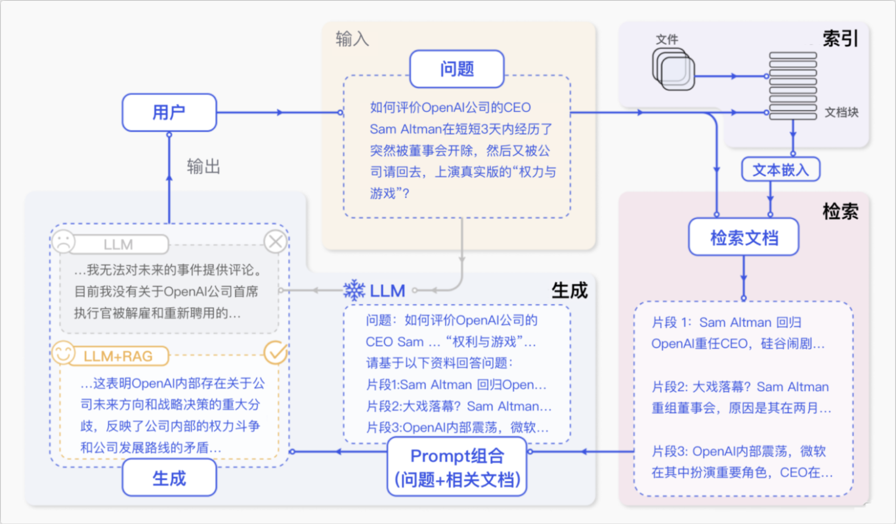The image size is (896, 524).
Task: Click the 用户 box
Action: pos(169,112)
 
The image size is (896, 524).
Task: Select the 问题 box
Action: pos(457,69)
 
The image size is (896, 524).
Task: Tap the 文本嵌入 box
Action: pos(781,170)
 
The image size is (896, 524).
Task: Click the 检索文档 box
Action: pos(744,237)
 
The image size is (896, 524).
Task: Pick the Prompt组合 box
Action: pos(457,467)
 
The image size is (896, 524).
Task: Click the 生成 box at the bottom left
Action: pos(169,478)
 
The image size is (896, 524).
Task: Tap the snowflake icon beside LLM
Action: pos(354,290)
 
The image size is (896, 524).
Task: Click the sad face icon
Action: pos(64,241)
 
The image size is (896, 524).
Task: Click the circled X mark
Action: pos(275,241)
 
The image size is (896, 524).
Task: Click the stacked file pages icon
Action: pos(673,69)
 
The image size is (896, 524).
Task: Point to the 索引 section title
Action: pos(840,38)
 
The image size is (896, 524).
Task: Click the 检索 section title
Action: pos(840,211)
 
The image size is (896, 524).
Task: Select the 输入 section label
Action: pos(352,38)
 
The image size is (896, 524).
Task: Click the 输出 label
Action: pos(204,166)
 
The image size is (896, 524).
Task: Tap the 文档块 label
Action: pos(841,112)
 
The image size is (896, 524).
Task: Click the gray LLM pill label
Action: pos(119,244)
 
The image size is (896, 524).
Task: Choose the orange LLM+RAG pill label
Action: pos(119,356)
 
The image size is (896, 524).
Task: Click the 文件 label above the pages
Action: pos(667,39)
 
